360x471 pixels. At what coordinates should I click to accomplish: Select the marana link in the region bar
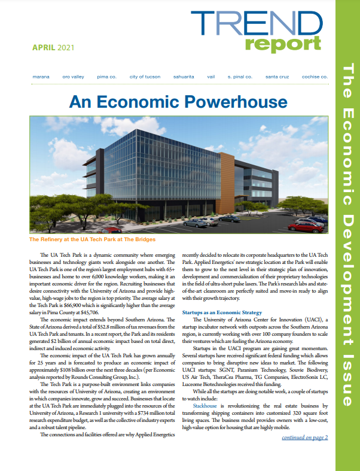pos(41,77)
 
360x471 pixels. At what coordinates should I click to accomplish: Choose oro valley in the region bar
pos(74,77)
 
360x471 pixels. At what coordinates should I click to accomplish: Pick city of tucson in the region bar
pos(145,77)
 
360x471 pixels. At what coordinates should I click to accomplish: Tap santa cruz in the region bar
pos(278,77)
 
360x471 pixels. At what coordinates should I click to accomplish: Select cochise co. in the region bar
pos(315,77)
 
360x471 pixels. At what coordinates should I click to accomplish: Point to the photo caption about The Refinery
pos(91,239)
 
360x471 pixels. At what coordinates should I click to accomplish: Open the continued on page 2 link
pos(305,437)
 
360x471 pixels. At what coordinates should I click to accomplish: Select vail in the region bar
pos(211,77)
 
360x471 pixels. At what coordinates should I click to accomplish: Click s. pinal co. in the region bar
pos(240,77)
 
